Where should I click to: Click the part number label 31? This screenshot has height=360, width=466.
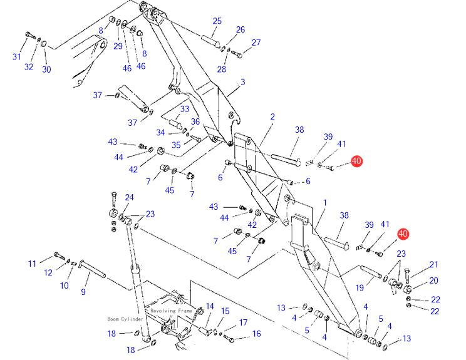(x=17, y=57)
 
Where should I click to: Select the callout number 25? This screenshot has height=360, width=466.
(x=217, y=21)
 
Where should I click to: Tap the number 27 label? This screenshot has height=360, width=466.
(x=256, y=43)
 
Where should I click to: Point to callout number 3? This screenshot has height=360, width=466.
(x=242, y=82)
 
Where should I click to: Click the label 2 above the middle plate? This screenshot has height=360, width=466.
(x=272, y=117)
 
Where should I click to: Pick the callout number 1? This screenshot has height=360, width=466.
(x=325, y=203)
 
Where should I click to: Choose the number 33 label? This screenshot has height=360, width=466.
(x=185, y=109)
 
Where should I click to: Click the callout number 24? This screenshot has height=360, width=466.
(x=129, y=197)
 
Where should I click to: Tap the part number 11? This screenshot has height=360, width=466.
(x=32, y=264)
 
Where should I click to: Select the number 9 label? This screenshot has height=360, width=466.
(x=83, y=291)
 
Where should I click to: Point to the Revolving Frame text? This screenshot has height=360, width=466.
(x=172, y=311)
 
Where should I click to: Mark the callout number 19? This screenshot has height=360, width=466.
(x=360, y=287)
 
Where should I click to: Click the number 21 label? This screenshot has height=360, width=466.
(x=433, y=265)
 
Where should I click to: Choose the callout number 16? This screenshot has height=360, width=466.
(x=256, y=334)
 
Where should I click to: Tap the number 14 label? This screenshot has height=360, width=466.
(x=210, y=306)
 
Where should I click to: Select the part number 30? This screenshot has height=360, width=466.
(x=46, y=69)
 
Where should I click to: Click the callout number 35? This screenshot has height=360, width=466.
(x=176, y=145)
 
